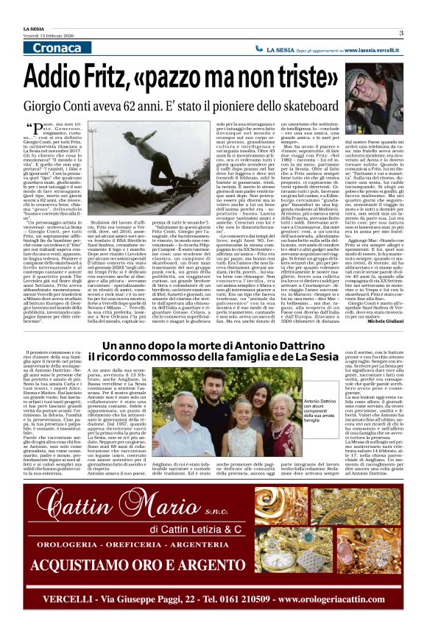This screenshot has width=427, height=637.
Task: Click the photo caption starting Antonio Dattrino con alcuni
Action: [x=315, y=412]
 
